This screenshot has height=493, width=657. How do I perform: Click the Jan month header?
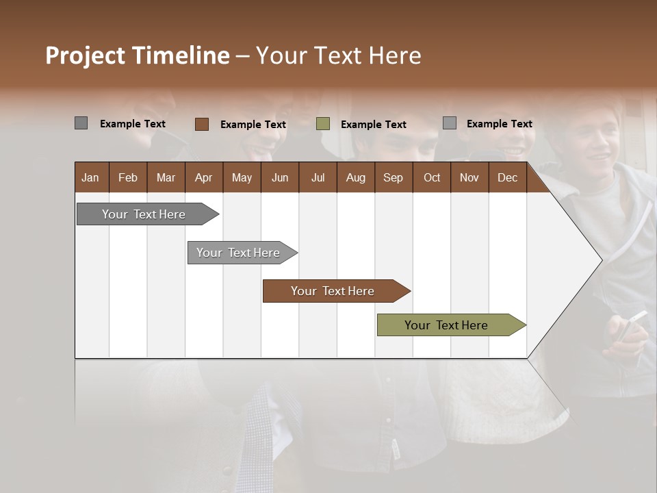click(90, 177)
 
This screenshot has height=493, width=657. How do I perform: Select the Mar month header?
click(166, 177)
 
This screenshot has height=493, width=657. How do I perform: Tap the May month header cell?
click(242, 177)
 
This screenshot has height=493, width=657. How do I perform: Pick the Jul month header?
click(318, 177)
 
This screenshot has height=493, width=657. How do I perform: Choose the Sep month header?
click(393, 177)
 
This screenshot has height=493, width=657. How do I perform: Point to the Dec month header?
click(507, 177)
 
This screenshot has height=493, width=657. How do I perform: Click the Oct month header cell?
click(432, 177)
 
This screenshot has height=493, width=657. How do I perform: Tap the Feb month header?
click(128, 177)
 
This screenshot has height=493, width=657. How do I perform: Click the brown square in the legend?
click(201, 124)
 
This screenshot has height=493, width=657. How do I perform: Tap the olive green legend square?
click(323, 124)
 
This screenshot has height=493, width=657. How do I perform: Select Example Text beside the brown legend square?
click(253, 125)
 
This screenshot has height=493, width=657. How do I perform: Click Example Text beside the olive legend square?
click(373, 125)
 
